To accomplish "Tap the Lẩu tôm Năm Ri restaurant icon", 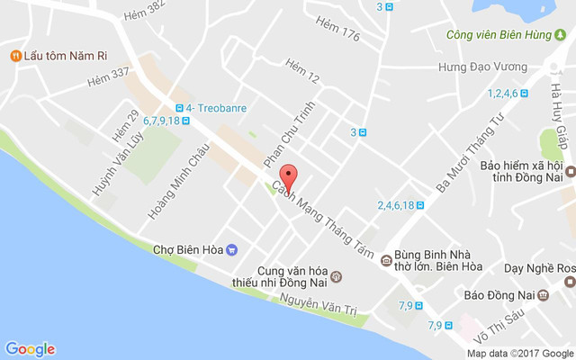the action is [15, 56].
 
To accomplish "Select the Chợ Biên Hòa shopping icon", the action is [232, 249].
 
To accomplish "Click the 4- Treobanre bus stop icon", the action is [179, 107].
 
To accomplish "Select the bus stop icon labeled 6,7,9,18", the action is [184, 121].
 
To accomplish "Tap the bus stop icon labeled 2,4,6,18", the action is [419, 204].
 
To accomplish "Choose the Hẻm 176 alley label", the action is [338, 36].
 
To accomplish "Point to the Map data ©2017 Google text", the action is [519, 354].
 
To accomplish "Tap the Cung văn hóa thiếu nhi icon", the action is [336, 274].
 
